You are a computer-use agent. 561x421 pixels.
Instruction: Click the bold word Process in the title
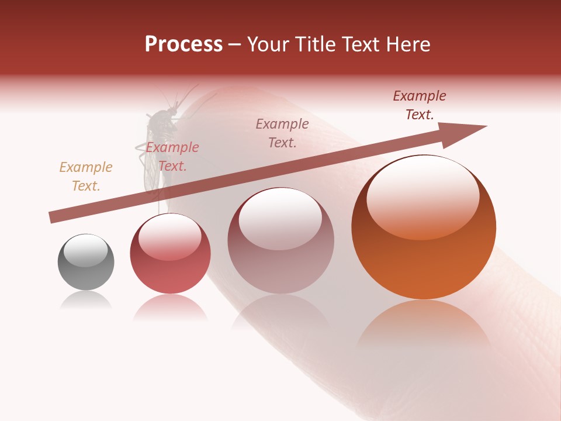point(183,44)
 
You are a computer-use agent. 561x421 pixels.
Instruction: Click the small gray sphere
point(86,262)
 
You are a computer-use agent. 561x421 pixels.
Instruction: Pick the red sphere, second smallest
point(170,253)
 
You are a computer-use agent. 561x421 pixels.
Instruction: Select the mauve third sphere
point(280,240)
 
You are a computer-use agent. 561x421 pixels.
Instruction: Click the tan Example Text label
point(85,177)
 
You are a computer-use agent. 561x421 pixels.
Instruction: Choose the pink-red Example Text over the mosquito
point(172,157)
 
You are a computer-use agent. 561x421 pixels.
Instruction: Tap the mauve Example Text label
point(282,133)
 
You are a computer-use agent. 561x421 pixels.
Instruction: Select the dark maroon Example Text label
point(420,105)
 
